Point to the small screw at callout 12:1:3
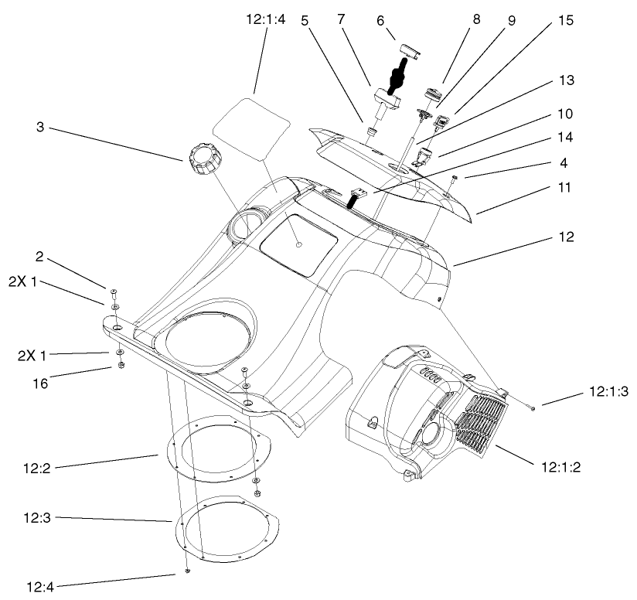tap(533, 406)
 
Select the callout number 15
tap(565, 21)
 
